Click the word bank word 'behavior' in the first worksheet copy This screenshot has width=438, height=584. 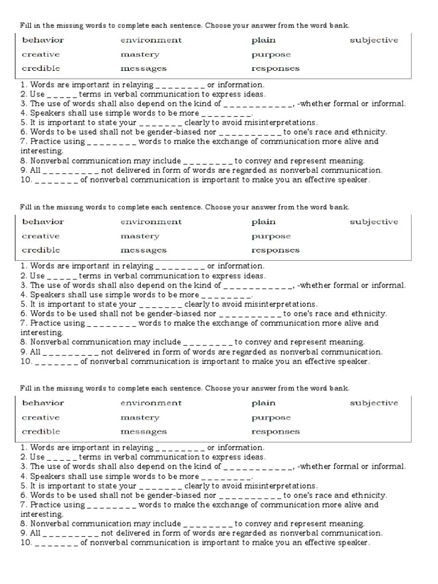coord(43,40)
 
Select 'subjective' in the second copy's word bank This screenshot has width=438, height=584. coord(374,222)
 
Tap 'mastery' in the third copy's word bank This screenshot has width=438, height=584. coord(140,417)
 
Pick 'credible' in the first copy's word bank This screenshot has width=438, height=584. coord(40,68)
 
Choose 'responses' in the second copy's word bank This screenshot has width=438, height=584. coord(275,250)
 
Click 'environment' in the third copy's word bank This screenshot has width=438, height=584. coord(151,403)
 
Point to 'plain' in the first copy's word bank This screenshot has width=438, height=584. coord(263,40)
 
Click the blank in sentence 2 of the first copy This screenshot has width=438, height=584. coord(62,95)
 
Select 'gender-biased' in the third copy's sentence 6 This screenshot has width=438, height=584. coord(176,495)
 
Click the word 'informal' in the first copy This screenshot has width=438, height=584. coord(388,104)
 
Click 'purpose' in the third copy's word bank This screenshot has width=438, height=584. coord(271,417)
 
